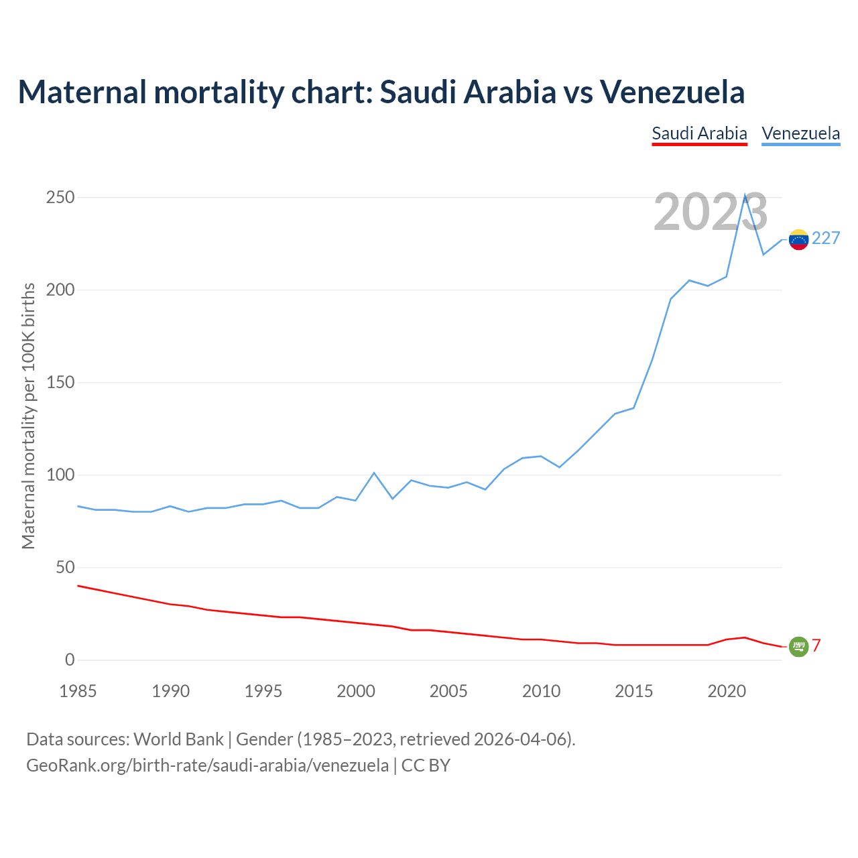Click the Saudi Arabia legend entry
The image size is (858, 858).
[x=699, y=133]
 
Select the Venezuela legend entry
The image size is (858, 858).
[x=800, y=133]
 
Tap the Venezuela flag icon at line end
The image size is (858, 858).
[x=798, y=239]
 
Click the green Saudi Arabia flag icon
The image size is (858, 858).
[x=798, y=646]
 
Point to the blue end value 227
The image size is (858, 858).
[x=826, y=239]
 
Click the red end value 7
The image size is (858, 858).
[x=816, y=646]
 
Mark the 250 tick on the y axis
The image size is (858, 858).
[x=60, y=198]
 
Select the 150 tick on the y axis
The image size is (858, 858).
[x=60, y=383]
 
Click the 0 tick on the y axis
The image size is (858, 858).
[x=70, y=660]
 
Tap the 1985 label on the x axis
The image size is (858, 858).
[x=78, y=691]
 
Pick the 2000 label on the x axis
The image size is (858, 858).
[x=356, y=691]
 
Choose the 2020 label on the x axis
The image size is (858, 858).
[x=727, y=691]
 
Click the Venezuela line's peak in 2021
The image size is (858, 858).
[x=745, y=196]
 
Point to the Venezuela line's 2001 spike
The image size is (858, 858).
[x=374, y=473]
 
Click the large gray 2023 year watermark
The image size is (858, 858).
[x=711, y=212]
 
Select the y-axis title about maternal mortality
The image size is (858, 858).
[x=28, y=416]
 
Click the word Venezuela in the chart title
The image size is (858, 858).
[x=672, y=92]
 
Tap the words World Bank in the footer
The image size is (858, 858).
[x=178, y=739]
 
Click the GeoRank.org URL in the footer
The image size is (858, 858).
[x=207, y=765]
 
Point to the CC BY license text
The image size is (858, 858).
[x=426, y=765]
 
